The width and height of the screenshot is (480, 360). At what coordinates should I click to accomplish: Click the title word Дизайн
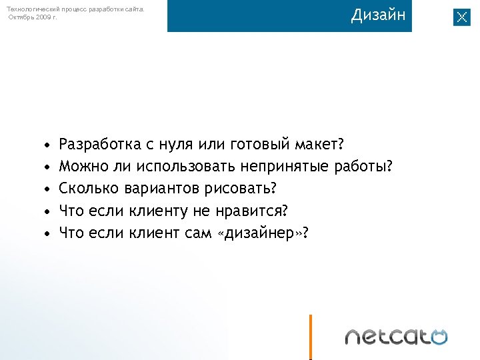click(x=378, y=15)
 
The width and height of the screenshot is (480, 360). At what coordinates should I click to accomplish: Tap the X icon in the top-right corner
click(x=462, y=17)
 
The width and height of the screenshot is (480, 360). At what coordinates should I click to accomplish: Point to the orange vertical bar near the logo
click(x=310, y=337)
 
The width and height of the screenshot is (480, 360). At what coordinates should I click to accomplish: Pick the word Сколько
click(x=85, y=189)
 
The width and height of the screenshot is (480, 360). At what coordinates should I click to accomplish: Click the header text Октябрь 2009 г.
click(x=33, y=17)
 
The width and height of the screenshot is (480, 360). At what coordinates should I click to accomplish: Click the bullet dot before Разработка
click(x=46, y=145)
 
